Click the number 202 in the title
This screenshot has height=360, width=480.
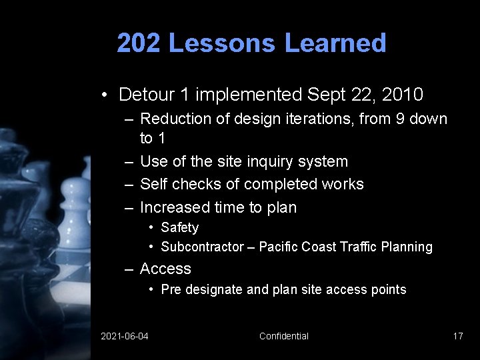point(139,43)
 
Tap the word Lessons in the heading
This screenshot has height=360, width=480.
point(221,43)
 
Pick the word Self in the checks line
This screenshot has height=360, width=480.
point(154,184)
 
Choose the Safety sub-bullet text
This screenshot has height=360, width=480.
point(179,227)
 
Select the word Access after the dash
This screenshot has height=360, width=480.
point(165,269)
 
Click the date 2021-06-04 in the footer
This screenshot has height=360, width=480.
point(125,336)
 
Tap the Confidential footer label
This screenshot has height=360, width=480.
point(284,336)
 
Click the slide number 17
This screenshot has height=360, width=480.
point(457,336)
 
